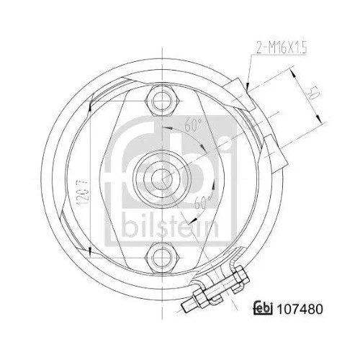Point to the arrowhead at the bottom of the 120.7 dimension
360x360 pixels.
[88, 248]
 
